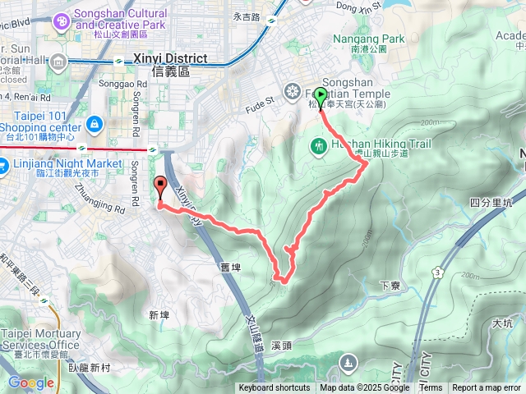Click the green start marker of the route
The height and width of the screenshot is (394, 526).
coord(320,95)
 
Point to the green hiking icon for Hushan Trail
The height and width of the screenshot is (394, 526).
coord(319,146)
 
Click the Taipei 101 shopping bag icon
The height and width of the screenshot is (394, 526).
coord(95,125)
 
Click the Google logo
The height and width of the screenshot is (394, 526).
coord(30,383)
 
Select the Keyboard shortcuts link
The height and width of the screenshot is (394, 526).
coord(275,388)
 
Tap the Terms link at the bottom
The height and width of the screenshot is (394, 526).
coord(431,388)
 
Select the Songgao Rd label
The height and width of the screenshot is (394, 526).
coord(114,84)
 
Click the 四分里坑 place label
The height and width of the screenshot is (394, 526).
coord(491,202)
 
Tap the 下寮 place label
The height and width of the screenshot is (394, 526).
coord(390,285)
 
